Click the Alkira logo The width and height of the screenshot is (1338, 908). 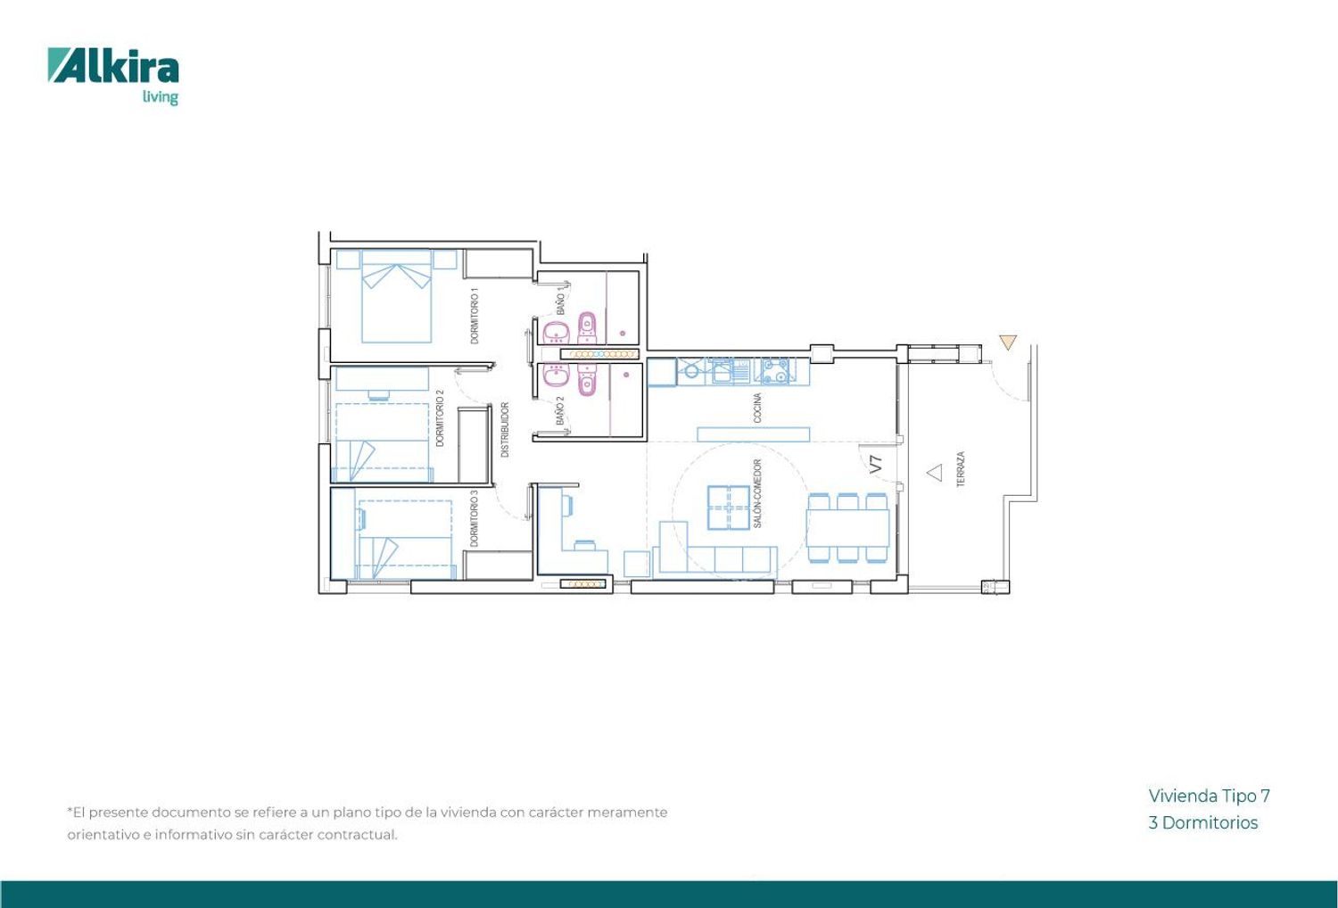click(x=113, y=76)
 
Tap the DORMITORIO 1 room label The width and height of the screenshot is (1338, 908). click(x=475, y=316)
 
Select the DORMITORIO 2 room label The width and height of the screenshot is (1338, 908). click(x=441, y=418)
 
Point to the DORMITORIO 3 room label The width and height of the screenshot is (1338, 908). click(x=475, y=518)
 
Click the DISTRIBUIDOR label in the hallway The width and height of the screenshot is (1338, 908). click(x=505, y=430)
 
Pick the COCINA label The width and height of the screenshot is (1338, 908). click(x=757, y=408)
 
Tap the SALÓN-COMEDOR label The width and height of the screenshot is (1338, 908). click(x=757, y=493)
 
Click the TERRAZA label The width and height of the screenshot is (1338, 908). click(x=961, y=469)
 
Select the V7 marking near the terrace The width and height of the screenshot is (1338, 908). click(x=876, y=465)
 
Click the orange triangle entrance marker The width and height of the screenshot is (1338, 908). click(x=1008, y=342)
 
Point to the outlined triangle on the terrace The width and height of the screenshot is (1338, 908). click(x=935, y=473)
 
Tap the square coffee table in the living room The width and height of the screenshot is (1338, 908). click(x=729, y=508)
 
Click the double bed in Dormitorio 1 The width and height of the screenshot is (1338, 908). click(x=397, y=296)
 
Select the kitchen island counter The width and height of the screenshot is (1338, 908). click(x=753, y=434)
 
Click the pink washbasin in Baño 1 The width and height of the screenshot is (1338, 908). click(x=556, y=333)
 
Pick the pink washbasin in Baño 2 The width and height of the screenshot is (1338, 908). click(x=556, y=376)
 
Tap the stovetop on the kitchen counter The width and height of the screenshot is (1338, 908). click(x=775, y=371)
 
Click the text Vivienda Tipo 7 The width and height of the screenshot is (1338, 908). click(x=1209, y=796)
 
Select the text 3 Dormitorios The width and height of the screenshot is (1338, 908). click(x=1203, y=822)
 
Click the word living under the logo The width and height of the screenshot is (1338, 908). click(x=160, y=97)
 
